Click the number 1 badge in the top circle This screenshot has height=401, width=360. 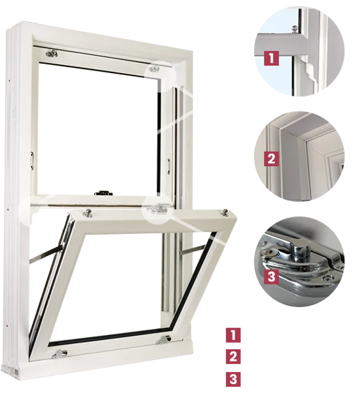(271, 58)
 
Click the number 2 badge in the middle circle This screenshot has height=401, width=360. (271, 159)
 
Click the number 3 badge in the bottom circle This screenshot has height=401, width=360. (271, 277)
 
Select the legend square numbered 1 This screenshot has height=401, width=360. (233, 335)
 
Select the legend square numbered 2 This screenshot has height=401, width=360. (233, 356)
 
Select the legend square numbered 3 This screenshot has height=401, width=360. (233, 379)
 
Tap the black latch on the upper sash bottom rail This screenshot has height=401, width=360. (104, 193)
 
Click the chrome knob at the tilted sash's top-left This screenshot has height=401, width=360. (88, 213)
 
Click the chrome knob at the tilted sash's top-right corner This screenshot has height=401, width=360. (225, 212)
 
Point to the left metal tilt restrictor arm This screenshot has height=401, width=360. (46, 255)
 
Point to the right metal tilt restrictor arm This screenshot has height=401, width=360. (193, 250)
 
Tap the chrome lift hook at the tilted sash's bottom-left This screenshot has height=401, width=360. (59, 354)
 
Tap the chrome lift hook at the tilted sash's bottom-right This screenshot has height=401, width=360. (164, 339)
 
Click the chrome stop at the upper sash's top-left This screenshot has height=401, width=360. (52, 53)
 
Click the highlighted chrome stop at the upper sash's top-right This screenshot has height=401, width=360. (154, 69)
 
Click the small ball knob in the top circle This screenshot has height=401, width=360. (295, 29)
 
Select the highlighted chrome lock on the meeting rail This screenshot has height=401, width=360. (157, 209)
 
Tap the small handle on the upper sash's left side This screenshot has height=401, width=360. (32, 161)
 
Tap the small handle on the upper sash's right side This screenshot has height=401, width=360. (169, 167)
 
